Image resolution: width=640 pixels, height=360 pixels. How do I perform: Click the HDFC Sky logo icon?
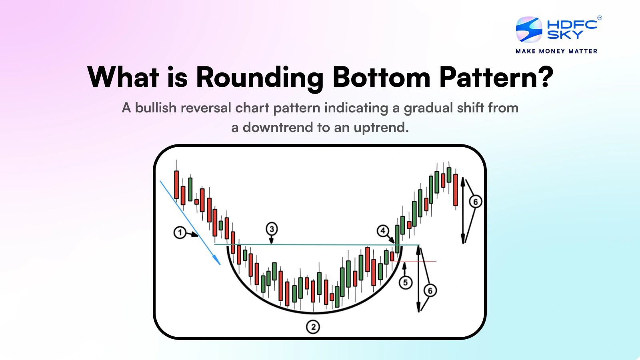(x=529, y=29)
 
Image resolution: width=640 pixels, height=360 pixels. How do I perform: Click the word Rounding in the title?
(x=260, y=77)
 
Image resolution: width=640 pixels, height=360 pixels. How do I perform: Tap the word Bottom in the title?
(x=381, y=77)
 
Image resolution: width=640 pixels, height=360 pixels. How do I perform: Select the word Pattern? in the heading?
(x=496, y=77)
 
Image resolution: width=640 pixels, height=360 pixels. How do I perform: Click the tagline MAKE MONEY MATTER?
(x=556, y=51)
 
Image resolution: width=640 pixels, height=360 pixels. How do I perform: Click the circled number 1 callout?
(x=180, y=232)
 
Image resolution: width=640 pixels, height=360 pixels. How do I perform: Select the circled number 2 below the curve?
(x=313, y=327)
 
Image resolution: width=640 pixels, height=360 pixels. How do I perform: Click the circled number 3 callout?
(x=272, y=229)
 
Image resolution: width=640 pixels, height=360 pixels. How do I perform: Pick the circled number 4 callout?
(x=383, y=231)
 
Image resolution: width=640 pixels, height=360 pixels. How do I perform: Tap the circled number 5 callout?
(x=405, y=283)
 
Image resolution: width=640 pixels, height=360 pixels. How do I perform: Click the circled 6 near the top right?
(x=476, y=202)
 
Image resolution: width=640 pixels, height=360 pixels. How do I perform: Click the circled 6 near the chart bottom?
(x=430, y=291)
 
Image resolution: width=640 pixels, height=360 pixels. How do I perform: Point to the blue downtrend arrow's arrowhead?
(x=218, y=262)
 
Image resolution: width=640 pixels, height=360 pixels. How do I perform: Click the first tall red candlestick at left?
(x=176, y=184)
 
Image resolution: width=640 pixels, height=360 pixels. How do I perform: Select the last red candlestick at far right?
(x=455, y=190)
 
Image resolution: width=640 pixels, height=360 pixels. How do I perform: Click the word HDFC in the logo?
(x=572, y=24)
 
